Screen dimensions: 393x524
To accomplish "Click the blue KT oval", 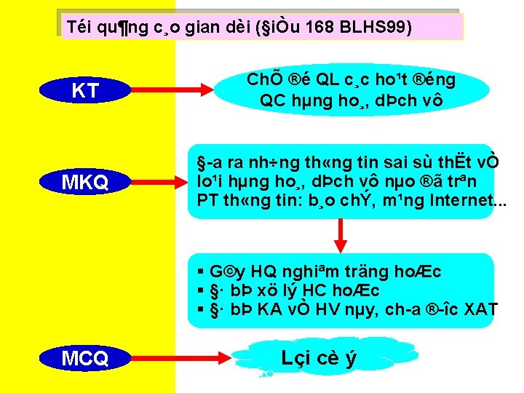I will pyautogui.click(x=86, y=91).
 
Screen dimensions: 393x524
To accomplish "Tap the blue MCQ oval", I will pyautogui.click(x=86, y=358).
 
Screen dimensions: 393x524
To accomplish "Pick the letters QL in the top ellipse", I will pyautogui.click(x=320, y=79).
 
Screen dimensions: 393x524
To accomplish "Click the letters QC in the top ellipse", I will pyautogui.click(x=274, y=100).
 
